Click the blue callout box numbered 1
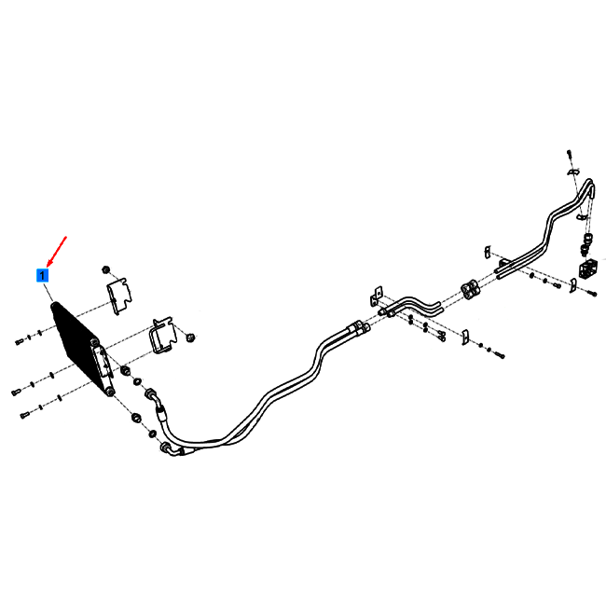pyautogui.click(x=42, y=276)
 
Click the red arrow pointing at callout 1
pyautogui.click(x=57, y=251)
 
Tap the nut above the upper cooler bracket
pyautogui.click(x=106, y=269)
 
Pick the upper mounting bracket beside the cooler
pyautogui.click(x=119, y=296)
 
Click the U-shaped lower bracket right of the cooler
pyautogui.click(x=162, y=336)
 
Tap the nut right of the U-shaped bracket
pyautogui.click(x=190, y=337)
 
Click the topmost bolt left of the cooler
pyautogui.click(x=19, y=341)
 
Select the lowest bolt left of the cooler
pyautogui.click(x=24, y=416)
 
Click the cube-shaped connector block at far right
pyautogui.click(x=588, y=269)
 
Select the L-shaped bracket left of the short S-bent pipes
pyautogui.click(x=376, y=296)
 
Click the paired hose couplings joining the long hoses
pyautogui.click(x=359, y=327)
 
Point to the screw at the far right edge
pyautogui.click(x=593, y=294)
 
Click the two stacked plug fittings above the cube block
pyautogui.click(x=586, y=244)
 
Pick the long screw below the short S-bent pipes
pyautogui.click(x=440, y=337)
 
